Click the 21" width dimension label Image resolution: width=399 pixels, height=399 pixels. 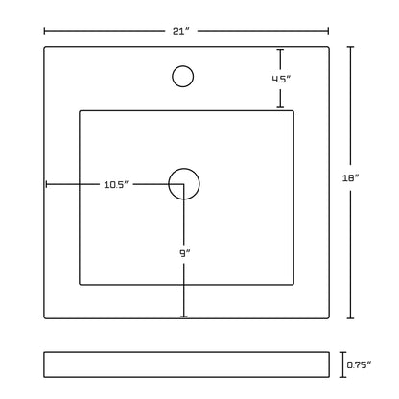181,31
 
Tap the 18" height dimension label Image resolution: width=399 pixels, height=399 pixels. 351,178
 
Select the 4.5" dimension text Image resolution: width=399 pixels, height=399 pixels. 281,79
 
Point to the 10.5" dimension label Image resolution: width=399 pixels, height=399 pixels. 116,184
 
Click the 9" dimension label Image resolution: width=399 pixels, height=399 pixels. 184,253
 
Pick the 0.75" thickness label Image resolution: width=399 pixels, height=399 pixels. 360,364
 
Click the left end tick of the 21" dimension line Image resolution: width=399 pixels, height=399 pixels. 44,31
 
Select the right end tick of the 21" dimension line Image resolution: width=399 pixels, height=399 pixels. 328,31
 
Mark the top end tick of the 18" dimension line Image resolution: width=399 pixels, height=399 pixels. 351,47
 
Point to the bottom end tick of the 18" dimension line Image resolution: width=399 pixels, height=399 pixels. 351,318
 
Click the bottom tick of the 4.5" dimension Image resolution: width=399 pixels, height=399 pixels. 280,107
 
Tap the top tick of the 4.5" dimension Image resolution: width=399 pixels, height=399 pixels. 280,50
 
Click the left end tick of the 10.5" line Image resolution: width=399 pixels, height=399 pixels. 47,184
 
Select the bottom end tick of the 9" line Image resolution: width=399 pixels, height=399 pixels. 184,317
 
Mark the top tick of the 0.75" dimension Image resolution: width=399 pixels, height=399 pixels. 343,352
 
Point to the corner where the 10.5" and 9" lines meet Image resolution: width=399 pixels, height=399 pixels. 184,184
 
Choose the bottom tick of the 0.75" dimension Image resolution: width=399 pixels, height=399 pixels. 343,377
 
